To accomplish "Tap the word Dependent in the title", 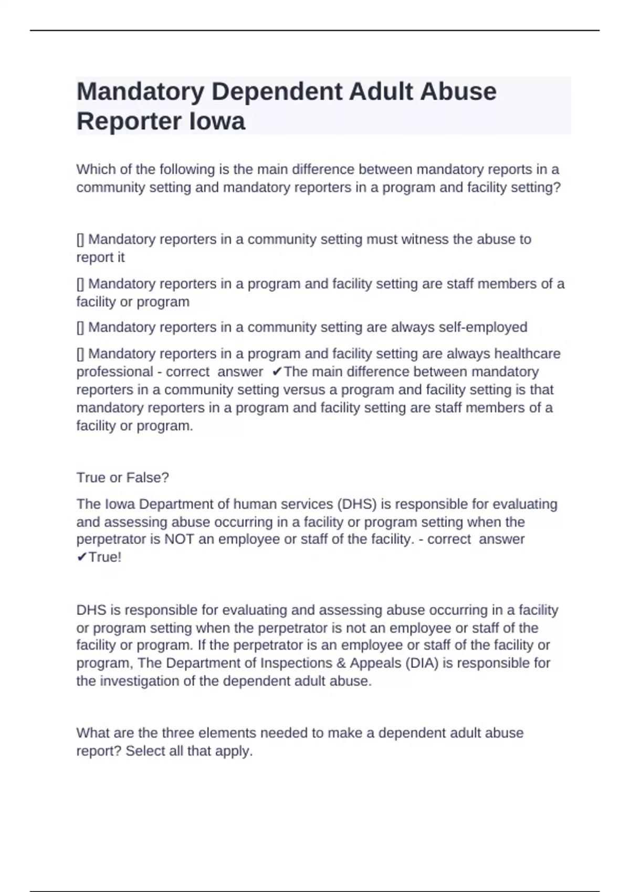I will tap(276, 92).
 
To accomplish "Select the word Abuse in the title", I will tap(458, 92).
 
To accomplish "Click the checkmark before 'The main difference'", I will tap(277, 372).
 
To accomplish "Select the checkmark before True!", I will tap(82, 557).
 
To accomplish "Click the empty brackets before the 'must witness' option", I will tap(80, 240).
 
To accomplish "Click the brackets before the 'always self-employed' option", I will tap(80, 328).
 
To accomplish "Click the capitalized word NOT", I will tap(180, 539).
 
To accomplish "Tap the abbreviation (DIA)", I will tap(422, 663).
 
